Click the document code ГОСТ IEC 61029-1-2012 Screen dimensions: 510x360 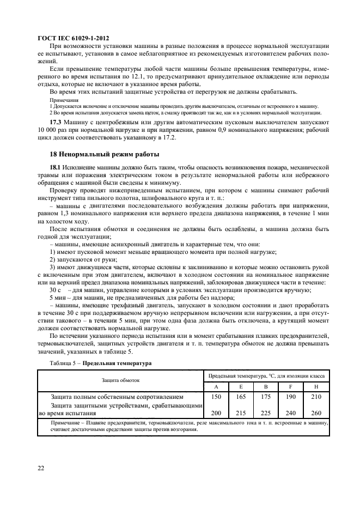point(73,39)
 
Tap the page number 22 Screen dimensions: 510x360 point(41,468)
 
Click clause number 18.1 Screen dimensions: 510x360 point(56,166)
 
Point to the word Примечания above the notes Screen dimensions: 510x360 point(64,100)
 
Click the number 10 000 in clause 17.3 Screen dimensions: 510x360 point(50,131)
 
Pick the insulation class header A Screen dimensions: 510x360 point(216,386)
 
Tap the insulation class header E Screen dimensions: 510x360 point(241,386)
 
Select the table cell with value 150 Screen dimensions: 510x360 point(216,397)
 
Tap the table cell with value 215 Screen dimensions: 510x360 point(241,413)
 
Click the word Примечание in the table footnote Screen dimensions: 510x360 point(68,422)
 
